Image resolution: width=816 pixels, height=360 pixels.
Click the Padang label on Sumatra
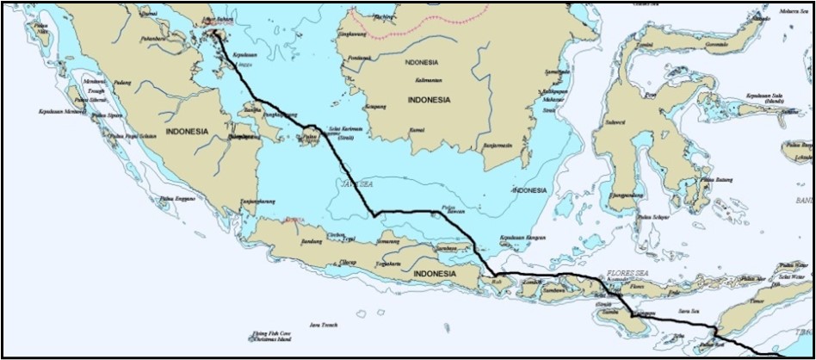click(x=122, y=83)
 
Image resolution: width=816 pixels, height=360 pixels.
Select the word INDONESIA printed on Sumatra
click(x=186, y=132)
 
